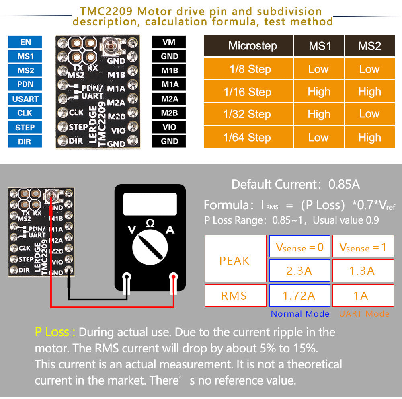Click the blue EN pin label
pyautogui.click(x=25, y=42)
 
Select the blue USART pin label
pyautogui.click(x=25, y=99)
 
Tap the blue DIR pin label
pyautogui.click(x=25, y=142)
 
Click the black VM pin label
pyautogui.click(x=169, y=42)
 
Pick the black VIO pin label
pyautogui.click(x=169, y=127)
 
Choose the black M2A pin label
pyautogui.click(x=169, y=99)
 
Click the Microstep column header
pyautogui.click(x=252, y=46)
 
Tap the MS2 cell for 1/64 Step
pyautogui.click(x=369, y=138)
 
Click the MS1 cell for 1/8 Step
pyautogui.click(x=318, y=69)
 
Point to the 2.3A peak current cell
pyautogui.click(x=299, y=271)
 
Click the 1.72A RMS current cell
pyautogui.click(x=299, y=296)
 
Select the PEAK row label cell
pyautogui.click(x=235, y=261)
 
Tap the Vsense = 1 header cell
pyautogui.click(x=363, y=247)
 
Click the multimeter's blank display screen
pyautogui.click(x=150, y=204)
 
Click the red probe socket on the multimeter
pyautogui.click(x=174, y=277)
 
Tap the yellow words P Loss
pyautogui.click(x=55, y=332)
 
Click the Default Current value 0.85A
pyautogui.click(x=344, y=185)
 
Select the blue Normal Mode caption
pyautogui.click(x=300, y=314)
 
